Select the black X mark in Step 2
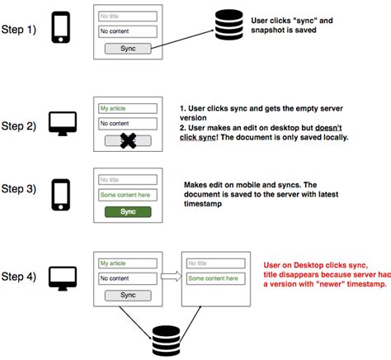[127, 141]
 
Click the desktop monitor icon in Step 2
[62, 123]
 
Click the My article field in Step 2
[127, 108]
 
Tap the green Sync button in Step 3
[127, 212]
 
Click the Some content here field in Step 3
[127, 195]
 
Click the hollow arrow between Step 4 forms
[170, 277]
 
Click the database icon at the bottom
[167, 339]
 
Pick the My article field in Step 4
[127, 263]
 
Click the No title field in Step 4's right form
[214, 263]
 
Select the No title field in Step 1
[127, 16]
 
